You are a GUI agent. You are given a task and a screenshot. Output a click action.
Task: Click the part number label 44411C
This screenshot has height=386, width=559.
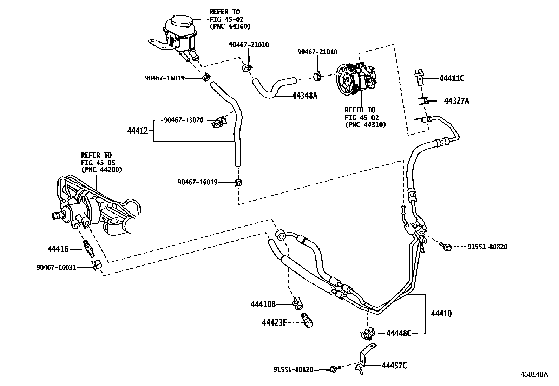(452, 79)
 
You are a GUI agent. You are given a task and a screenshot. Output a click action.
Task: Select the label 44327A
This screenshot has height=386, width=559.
(456, 101)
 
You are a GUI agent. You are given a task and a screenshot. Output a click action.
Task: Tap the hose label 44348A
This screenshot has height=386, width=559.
(304, 96)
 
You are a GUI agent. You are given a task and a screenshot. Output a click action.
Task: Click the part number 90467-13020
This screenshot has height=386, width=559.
(184, 120)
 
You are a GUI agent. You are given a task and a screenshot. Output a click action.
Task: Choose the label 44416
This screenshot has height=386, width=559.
(58, 249)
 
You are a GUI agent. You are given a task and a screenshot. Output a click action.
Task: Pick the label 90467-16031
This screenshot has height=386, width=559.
(56, 268)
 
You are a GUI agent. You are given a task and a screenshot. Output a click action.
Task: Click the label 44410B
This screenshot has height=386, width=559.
(263, 304)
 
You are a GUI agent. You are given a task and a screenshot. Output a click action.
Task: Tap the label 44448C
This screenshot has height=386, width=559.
(399, 333)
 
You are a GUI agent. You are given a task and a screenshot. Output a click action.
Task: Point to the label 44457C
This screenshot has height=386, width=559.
(394, 366)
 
